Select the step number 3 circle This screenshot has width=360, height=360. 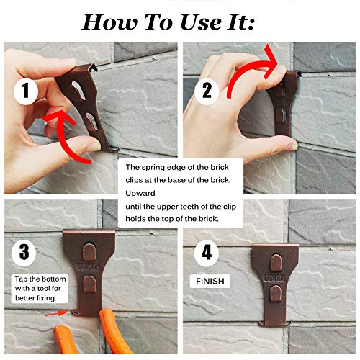click(x=24, y=253)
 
